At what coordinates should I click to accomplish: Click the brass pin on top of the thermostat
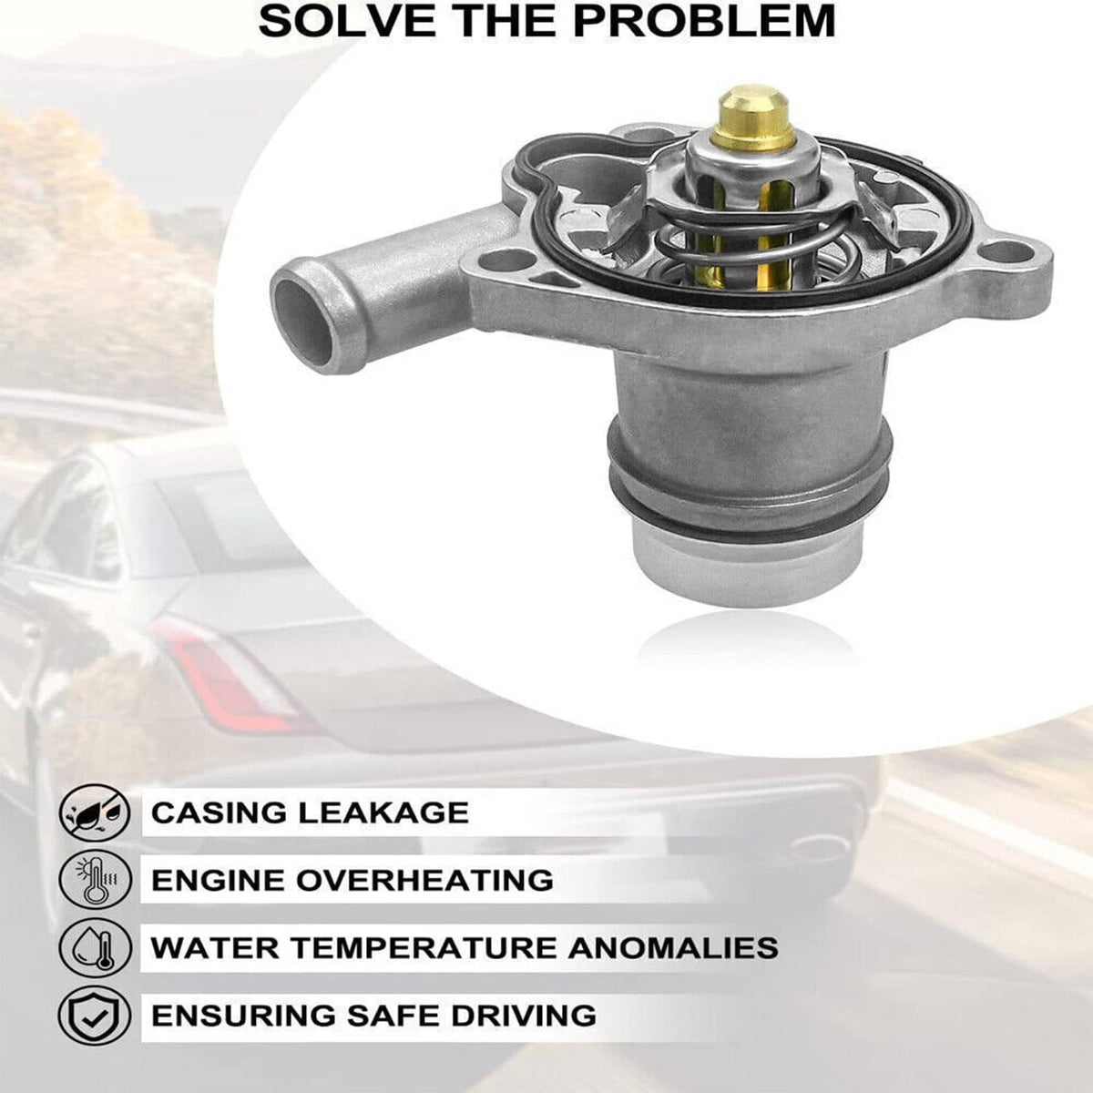752,117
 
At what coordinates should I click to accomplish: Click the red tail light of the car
227,675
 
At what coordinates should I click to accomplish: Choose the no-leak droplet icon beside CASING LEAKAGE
95,812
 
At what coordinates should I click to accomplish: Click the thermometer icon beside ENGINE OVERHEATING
95,880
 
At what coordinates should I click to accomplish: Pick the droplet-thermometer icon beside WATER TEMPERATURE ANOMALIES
95,948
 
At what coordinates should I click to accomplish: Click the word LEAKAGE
383,812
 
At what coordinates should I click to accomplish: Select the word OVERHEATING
424,880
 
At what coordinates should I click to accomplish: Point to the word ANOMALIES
674,948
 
